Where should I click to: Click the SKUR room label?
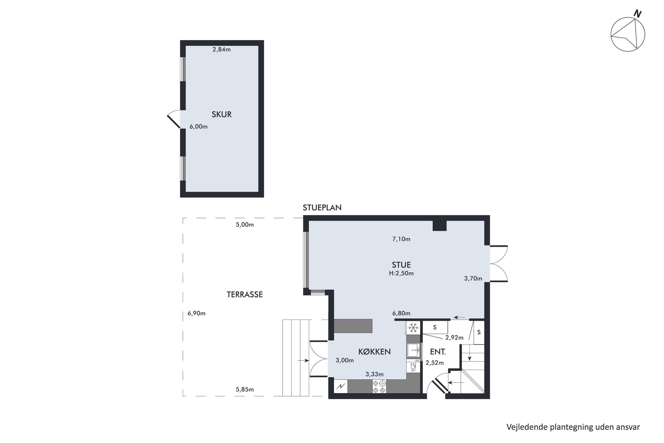(222, 115)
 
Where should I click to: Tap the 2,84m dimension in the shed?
(222, 49)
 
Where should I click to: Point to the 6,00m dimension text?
(199, 126)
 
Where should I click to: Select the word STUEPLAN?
(322, 208)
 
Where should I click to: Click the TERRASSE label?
(245, 295)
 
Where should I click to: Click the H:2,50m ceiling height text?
(401, 273)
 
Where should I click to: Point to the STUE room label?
(401, 265)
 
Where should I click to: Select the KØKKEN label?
(374, 352)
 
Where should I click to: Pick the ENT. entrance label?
(438, 352)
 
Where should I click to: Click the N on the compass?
(638, 14)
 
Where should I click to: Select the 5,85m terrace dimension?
(245, 390)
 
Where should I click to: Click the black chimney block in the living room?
(440, 226)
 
